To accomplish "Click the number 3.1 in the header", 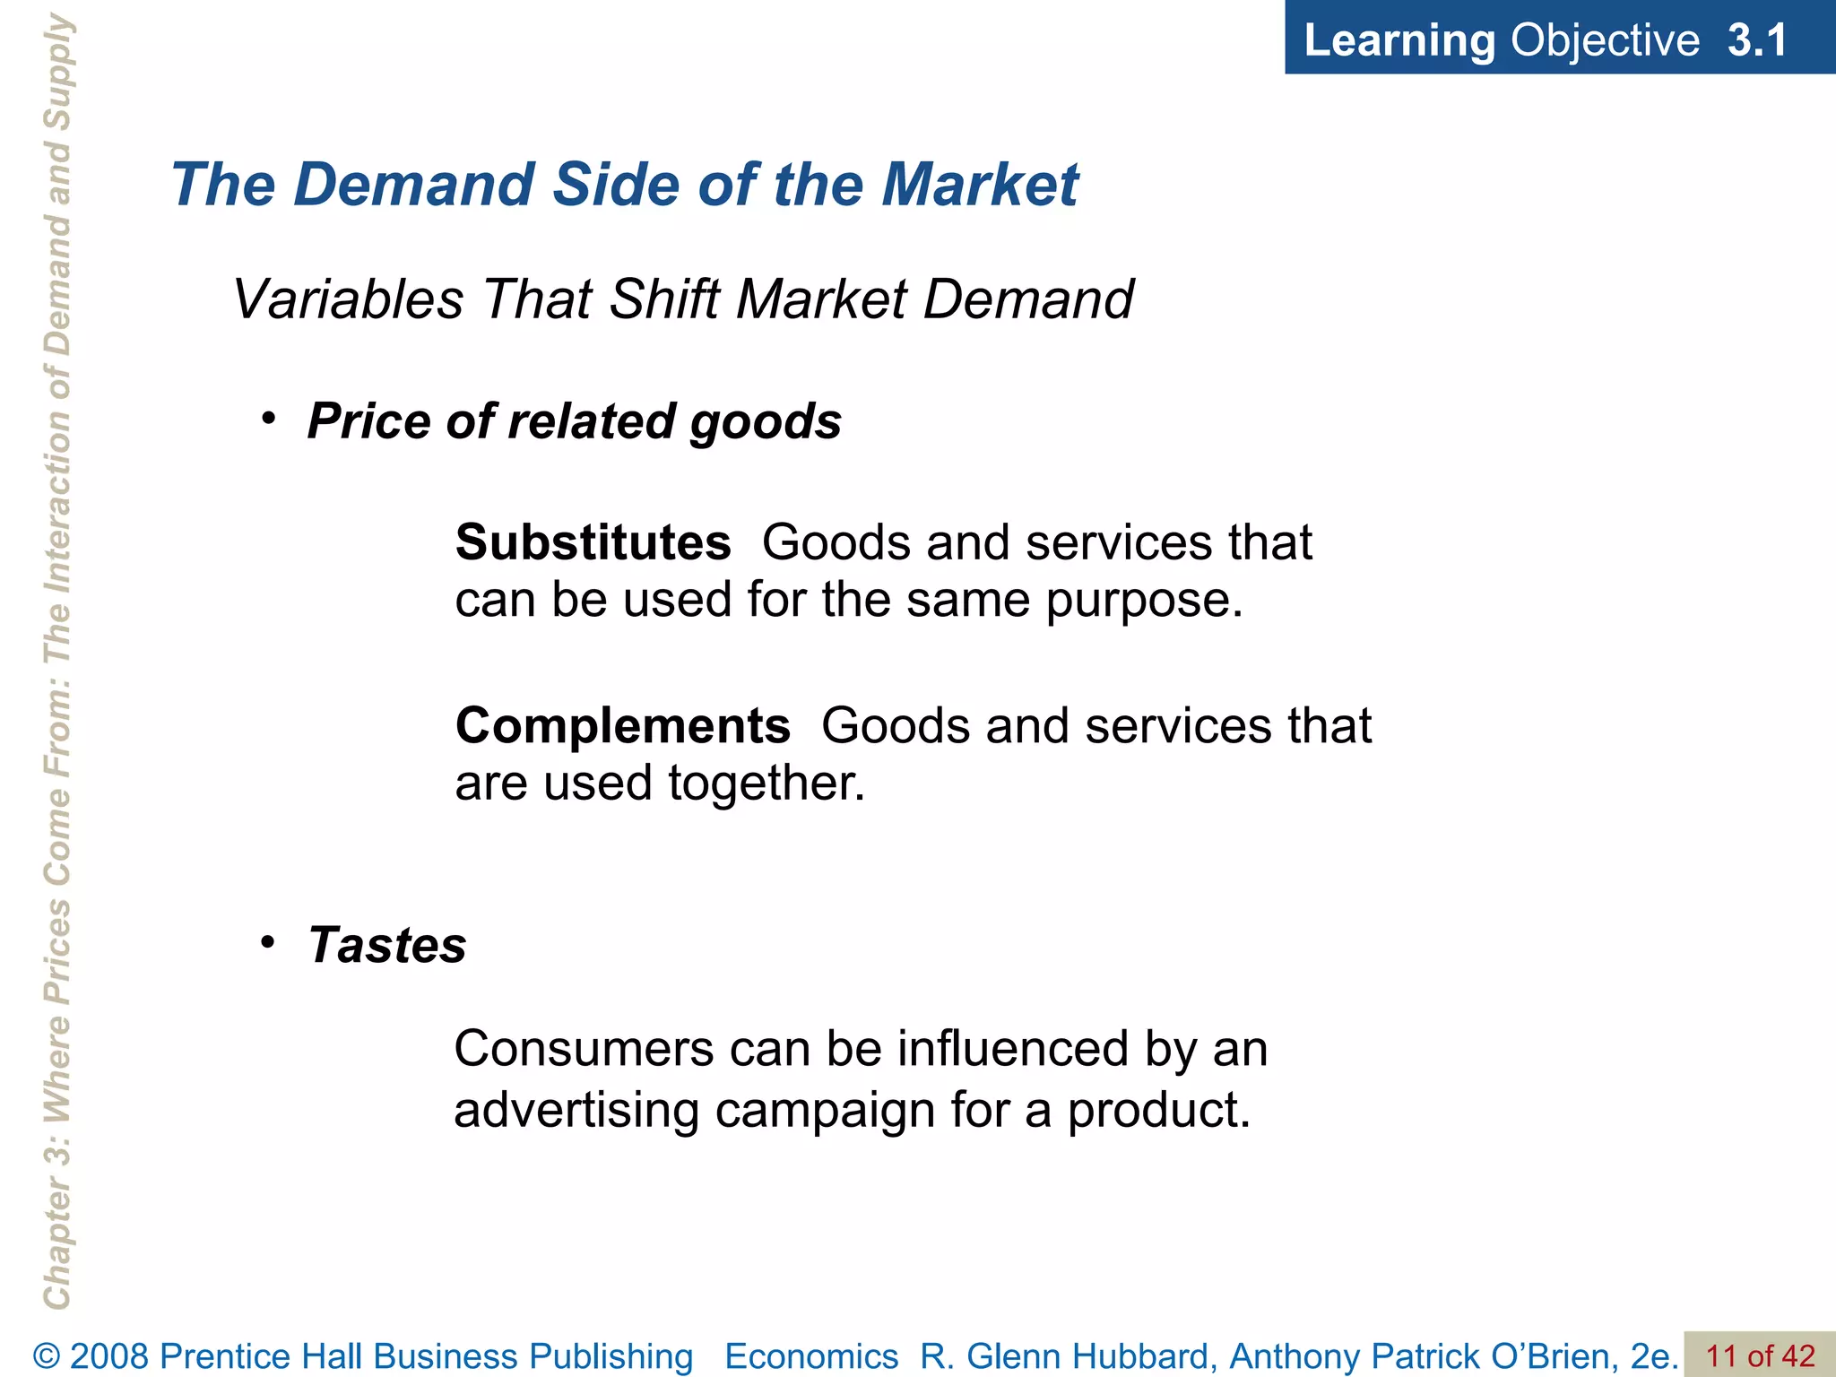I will click(1757, 40).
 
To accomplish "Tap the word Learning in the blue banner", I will click(1399, 40).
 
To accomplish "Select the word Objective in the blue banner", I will click(1605, 40).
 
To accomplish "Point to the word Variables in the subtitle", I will click(348, 299).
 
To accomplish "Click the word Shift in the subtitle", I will click(663, 299).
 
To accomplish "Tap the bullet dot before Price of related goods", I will click(268, 419).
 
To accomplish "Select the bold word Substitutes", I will click(593, 542).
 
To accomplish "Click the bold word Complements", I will click(622, 725).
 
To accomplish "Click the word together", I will click(766, 783).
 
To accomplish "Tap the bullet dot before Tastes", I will click(268, 942).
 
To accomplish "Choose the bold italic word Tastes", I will click(387, 945).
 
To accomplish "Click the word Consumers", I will click(584, 1048).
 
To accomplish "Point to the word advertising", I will click(576, 1110).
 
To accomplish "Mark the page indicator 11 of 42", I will click(1759, 1356).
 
